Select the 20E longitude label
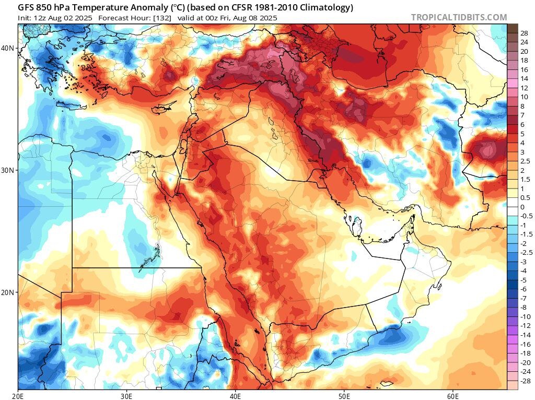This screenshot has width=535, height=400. tap(18, 395)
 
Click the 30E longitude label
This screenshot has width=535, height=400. tap(127, 395)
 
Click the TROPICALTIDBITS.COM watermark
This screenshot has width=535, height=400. tap(459, 17)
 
